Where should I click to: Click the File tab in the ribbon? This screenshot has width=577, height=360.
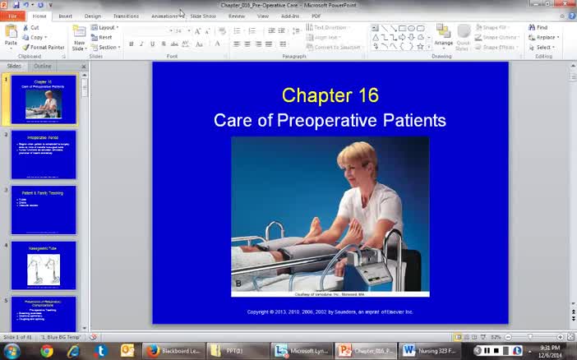click(12, 16)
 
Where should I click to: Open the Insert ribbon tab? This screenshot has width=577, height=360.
click(65, 16)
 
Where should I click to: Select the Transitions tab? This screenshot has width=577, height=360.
click(126, 16)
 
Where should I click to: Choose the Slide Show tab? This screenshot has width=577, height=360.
click(203, 16)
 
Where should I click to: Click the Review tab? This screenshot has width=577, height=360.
click(237, 16)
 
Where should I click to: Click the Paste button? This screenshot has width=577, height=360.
click(11, 36)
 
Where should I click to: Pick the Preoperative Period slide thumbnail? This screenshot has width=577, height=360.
click(44, 155)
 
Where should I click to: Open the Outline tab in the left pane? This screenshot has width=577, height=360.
click(42, 66)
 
